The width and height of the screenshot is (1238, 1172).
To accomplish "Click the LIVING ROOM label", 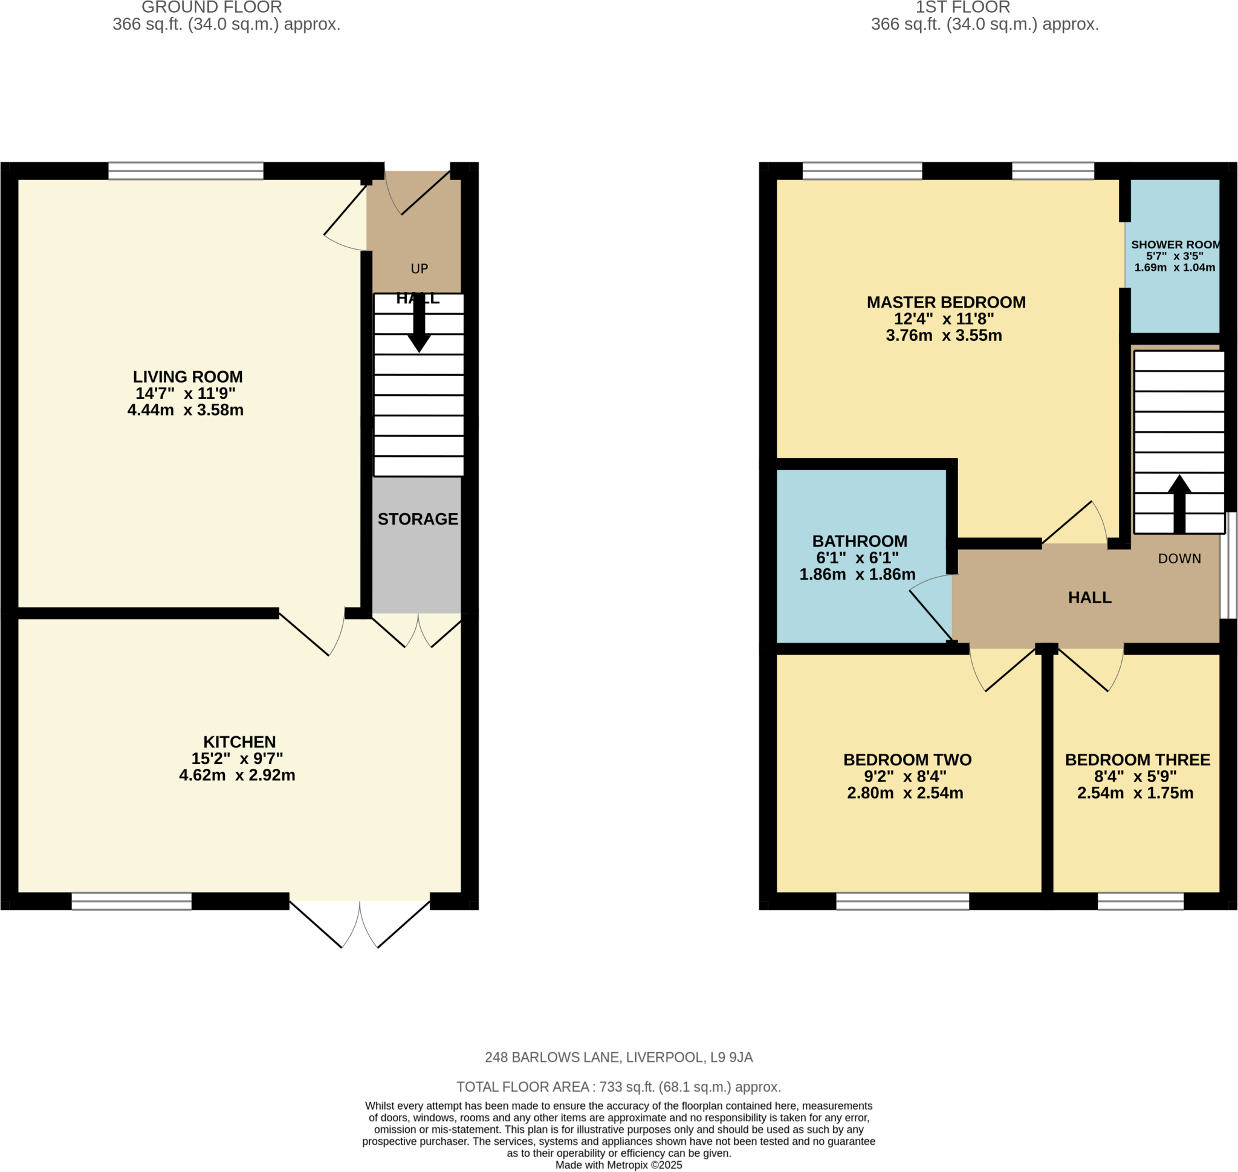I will pos(187,377).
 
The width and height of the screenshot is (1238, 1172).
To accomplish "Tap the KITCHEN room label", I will pos(239,742).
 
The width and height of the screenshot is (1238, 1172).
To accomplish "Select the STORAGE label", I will pos(418,519).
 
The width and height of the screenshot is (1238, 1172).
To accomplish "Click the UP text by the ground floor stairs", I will pos(420,268).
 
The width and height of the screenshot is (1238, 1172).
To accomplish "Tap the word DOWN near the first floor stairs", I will pos(1179,558).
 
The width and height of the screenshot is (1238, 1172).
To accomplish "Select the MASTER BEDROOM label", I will pos(945,302).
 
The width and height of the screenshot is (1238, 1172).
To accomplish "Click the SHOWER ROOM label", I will pos(1175,245).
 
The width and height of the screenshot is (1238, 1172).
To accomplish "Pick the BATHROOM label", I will pos(860,542).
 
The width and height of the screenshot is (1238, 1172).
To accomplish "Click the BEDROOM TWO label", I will pos(907,760).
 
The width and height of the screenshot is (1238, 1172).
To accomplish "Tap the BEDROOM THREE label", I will pos(1138,760).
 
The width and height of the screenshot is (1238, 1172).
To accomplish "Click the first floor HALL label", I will pos(1089,598).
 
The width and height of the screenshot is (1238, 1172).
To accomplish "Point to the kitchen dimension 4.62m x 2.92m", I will pos(237,775).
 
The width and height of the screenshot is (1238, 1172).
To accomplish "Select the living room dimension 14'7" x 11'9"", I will pos(186,393).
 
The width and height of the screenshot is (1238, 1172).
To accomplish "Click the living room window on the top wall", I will pos(186,170).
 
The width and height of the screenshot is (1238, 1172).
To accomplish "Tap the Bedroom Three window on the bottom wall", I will pos(1141,901).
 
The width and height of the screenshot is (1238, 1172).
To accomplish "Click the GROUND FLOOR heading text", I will pos(212,7).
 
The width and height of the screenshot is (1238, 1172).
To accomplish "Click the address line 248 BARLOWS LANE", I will pos(618,1058).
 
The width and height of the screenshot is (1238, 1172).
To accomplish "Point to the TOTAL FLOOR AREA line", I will pos(618,1087).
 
